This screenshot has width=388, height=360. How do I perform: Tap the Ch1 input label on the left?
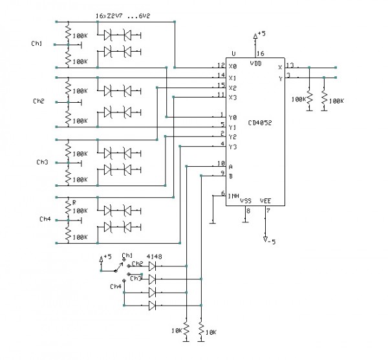click(x=37, y=43)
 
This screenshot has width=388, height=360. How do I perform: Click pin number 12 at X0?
click(x=221, y=64)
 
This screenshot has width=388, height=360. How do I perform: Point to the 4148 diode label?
click(x=154, y=257)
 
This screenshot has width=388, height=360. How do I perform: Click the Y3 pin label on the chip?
click(x=232, y=146)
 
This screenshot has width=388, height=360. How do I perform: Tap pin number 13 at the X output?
click(x=289, y=65)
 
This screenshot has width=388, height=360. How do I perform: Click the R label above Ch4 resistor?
click(x=74, y=202)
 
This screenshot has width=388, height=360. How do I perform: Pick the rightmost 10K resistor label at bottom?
click(x=211, y=332)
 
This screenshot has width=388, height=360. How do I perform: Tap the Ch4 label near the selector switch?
click(x=115, y=286)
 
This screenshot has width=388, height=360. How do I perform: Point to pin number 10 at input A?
click(x=221, y=164)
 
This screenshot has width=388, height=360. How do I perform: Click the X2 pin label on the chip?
click(x=232, y=87)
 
